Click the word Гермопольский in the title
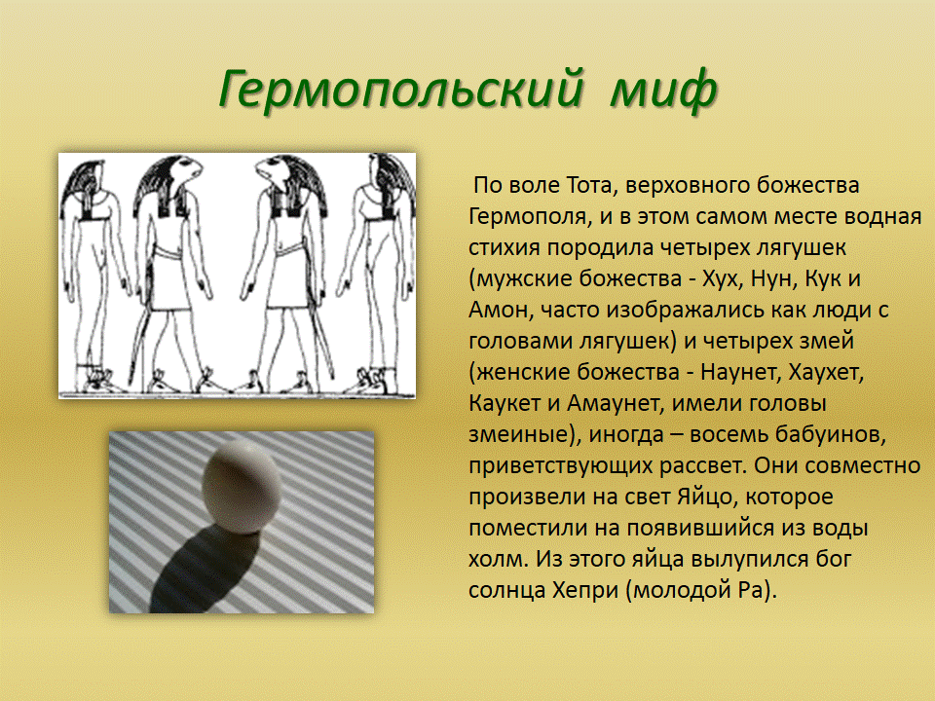[x=400, y=91]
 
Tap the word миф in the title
[x=663, y=91]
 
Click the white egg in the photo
[x=242, y=487]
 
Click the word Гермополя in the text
[x=527, y=217]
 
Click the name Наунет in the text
[x=740, y=373]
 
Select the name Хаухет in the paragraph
[x=826, y=373]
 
